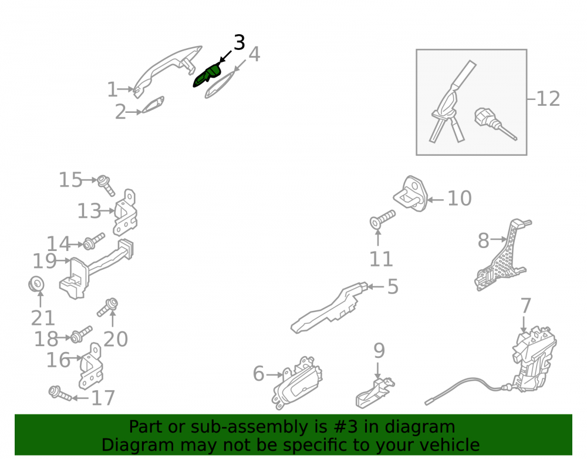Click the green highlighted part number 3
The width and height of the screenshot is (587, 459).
[207, 76]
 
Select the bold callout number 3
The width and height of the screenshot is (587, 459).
[239, 42]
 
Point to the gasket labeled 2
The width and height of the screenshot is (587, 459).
[153, 105]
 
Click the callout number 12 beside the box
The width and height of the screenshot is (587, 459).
[548, 99]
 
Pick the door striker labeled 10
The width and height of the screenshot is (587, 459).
[411, 193]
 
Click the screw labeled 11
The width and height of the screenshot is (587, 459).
[383, 219]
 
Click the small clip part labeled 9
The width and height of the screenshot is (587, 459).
[375, 393]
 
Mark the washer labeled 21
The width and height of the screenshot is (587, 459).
[36, 284]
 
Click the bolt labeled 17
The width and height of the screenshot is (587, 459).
[60, 393]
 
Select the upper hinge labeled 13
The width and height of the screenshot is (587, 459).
[126, 213]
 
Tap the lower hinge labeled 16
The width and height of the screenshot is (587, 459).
[90, 366]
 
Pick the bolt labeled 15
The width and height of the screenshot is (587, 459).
[106, 186]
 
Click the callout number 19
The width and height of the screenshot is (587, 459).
[45, 261]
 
